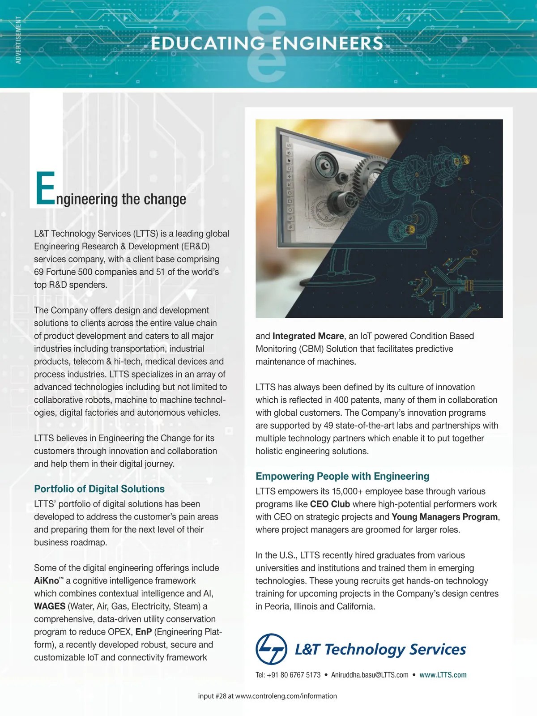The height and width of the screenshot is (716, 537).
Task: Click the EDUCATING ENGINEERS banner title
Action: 267,43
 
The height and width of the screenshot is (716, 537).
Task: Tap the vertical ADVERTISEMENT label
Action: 18,40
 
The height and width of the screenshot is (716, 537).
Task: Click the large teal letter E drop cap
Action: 45,188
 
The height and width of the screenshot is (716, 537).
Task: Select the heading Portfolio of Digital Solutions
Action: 99,489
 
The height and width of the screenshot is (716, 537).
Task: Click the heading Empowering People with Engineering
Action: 342,476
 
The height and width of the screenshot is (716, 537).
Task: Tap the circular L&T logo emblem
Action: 271,649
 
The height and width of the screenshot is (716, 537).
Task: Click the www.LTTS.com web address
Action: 443,675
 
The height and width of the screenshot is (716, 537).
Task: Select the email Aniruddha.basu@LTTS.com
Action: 370,675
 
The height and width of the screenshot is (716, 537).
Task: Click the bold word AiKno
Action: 47,581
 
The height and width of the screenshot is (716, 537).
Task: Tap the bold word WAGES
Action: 50,606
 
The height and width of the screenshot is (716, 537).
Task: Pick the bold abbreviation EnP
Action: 143,632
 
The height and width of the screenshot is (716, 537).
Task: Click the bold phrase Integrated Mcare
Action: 308,336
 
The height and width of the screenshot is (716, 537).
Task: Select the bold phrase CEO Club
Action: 330,504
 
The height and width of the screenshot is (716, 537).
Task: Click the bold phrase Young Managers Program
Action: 444,517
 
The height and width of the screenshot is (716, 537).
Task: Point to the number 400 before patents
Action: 341,400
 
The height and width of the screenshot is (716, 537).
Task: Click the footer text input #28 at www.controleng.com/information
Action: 267,696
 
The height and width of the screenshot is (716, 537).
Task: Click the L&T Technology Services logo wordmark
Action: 380,649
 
